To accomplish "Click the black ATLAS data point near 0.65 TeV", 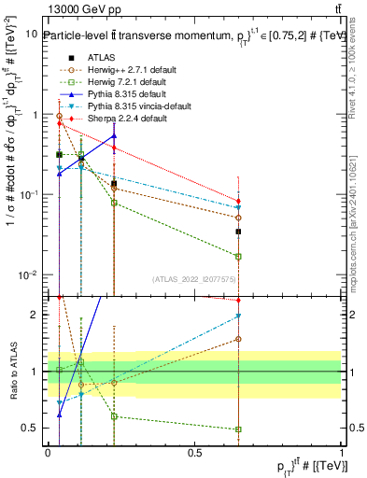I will tap(239, 232).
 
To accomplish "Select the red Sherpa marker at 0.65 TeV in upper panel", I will tap(239, 201).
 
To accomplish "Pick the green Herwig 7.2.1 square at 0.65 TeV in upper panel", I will tap(239, 256).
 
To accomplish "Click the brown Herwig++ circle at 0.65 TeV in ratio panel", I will tap(239, 340).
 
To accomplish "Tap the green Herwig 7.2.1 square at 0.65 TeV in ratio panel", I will tap(239, 429).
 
